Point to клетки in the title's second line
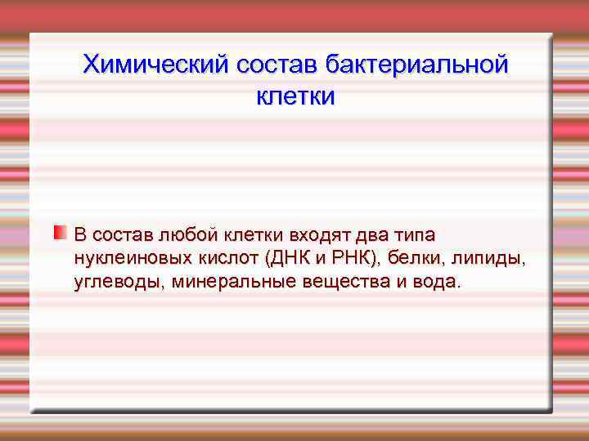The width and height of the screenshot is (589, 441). tap(295, 96)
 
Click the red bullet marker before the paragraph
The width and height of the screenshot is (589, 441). tap(60, 234)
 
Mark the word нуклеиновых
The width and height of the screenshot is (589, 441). tap(122, 259)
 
